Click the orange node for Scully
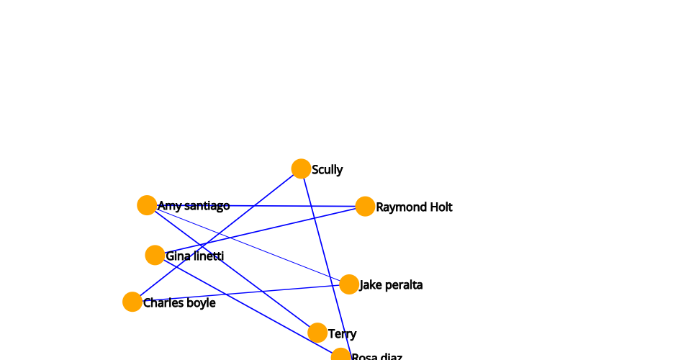(301, 168)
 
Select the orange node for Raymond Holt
(365, 206)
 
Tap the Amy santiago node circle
(147, 205)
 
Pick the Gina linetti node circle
(155, 255)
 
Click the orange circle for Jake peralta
(349, 284)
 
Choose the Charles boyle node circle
(132, 302)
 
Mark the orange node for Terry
(317, 333)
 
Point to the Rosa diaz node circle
(340, 356)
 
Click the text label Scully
(328, 170)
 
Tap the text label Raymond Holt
(414, 207)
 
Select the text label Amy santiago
(194, 206)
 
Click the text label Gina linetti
(194, 256)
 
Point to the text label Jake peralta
(391, 285)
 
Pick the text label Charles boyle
(179, 303)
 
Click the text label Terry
(342, 334)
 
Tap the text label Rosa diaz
(376, 356)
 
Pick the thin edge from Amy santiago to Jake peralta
(274, 252)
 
